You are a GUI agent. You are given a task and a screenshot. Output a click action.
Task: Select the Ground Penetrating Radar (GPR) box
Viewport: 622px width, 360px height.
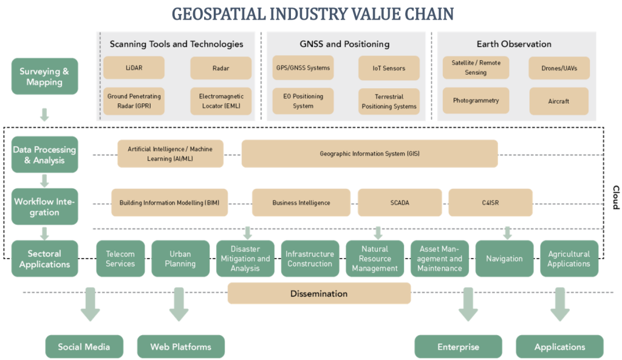(134, 101)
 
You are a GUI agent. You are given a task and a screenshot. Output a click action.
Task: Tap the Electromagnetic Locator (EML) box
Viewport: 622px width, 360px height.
(220, 101)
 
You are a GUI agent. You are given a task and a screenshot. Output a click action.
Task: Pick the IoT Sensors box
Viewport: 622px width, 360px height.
(389, 69)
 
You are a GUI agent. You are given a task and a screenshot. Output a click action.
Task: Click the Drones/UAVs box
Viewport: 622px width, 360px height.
(559, 68)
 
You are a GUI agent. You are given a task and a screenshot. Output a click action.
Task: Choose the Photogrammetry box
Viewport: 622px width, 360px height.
(476, 101)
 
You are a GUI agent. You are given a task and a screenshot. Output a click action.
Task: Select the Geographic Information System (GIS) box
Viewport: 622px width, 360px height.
(369, 154)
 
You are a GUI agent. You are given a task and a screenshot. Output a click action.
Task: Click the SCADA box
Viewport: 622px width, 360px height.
(399, 202)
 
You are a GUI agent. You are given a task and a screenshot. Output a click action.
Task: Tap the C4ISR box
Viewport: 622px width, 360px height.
(490, 202)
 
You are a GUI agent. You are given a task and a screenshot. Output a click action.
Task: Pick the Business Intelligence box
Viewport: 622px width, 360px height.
(301, 202)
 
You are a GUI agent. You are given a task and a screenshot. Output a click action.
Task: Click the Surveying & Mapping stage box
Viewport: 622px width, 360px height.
(44, 76)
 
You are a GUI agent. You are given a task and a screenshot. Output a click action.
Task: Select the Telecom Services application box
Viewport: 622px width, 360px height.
(120, 259)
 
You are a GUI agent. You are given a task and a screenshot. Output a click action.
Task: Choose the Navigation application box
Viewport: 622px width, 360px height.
(504, 259)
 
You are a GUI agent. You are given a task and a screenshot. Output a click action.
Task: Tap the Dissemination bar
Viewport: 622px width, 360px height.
(319, 294)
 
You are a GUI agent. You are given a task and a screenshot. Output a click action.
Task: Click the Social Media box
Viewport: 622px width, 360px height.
(84, 347)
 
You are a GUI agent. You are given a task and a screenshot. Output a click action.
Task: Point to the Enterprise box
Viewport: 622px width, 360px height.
(458, 347)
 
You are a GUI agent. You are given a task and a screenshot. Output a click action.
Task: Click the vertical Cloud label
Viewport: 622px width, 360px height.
(615, 197)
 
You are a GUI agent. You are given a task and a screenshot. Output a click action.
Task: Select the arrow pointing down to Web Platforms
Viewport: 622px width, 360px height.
(179, 304)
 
